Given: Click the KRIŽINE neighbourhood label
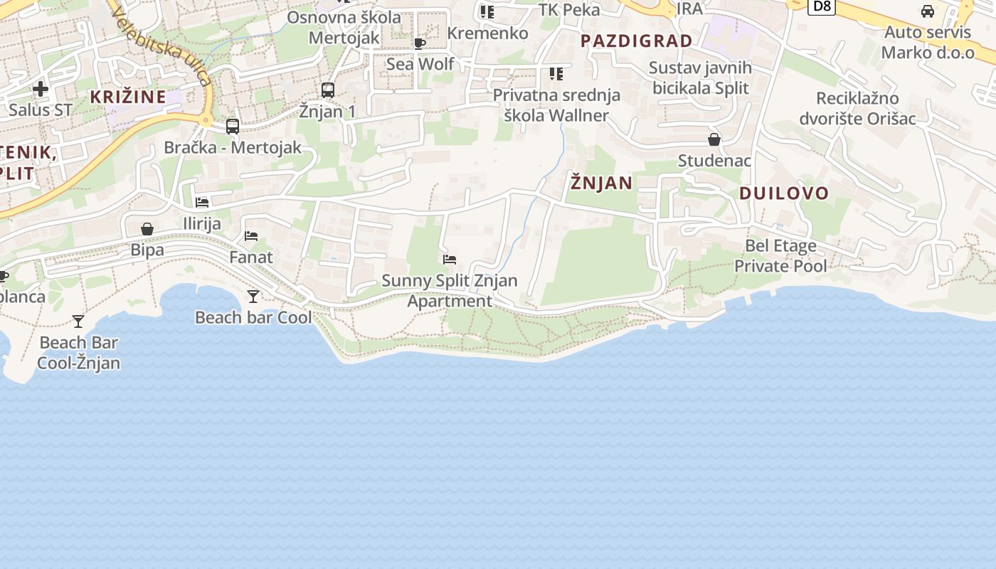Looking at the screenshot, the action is pos(128,97).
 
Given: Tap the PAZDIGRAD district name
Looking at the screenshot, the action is pos(636,41).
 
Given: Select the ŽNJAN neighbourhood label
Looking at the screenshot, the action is pos(601,183).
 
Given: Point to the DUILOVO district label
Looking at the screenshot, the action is pos(784,193).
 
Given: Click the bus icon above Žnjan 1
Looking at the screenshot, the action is pos(328,90).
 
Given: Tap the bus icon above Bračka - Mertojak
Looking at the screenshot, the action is pos(233,127).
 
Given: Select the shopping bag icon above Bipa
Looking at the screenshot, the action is pos(147,229).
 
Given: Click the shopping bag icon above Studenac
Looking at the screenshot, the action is pos(714,139).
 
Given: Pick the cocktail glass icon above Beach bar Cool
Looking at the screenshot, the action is pos(253,296).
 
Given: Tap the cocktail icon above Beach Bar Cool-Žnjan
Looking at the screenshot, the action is pos(78,321).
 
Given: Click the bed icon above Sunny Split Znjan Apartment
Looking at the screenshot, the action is pos(450,260).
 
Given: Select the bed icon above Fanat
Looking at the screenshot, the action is pos(251,235).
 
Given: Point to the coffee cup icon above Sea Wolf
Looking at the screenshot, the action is pos(420,43).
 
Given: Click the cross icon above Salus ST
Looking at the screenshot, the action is pos(41,89).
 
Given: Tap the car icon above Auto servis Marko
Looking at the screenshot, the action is pos(928,11).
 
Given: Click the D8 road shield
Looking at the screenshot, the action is pos(822,6).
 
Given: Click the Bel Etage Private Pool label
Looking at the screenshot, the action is pos(780,256).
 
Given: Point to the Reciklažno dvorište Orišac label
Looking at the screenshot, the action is pos(857,108).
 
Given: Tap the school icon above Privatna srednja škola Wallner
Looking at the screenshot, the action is pos(556,74).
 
